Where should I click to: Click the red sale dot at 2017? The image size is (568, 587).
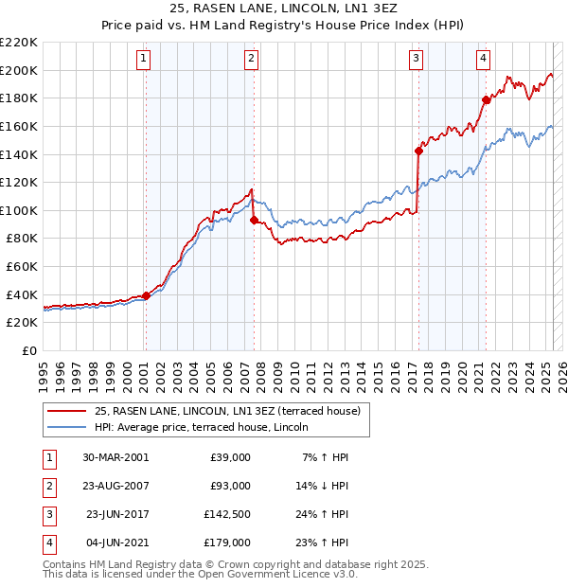tap(418, 150)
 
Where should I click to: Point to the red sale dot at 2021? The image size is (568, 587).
tap(486, 99)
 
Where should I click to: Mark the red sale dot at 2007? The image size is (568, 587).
tap(254, 220)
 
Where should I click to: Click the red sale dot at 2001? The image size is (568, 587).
tap(146, 295)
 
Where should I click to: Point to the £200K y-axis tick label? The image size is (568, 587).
tap(19, 70)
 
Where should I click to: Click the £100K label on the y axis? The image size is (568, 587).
tap(19, 210)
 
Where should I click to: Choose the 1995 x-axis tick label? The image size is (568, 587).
tap(44, 371)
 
